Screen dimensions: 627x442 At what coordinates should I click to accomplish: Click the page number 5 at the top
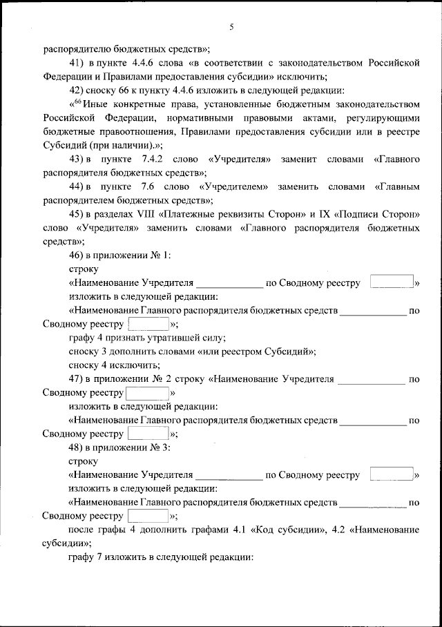coord(232,27)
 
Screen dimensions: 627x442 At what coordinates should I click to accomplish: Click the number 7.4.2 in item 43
coord(151,160)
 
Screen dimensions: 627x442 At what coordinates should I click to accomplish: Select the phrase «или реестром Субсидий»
coord(256,351)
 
